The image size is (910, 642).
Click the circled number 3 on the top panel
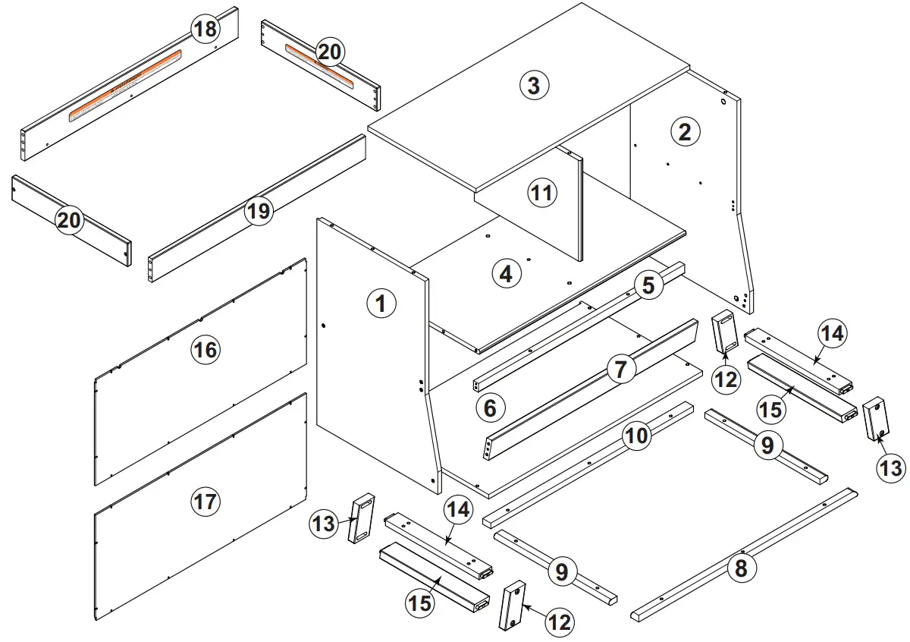[x=534, y=85]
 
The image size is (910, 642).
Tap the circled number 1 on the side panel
[x=381, y=304]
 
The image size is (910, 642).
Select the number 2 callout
[x=685, y=132]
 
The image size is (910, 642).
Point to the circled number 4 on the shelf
[x=506, y=273]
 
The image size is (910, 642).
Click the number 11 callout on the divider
[x=541, y=193]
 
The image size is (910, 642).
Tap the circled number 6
[x=490, y=409]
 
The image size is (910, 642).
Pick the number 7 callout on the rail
[x=621, y=370]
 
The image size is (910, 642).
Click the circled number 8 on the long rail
[x=742, y=568]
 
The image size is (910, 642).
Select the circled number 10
[x=637, y=436]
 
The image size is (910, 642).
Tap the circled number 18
[x=205, y=30]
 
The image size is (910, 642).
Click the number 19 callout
[x=259, y=210]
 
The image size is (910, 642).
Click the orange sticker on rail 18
[x=125, y=85]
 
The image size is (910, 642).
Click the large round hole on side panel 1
[x=324, y=326]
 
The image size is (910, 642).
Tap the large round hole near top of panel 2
[x=724, y=99]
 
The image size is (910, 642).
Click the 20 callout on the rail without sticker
[x=69, y=220]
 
